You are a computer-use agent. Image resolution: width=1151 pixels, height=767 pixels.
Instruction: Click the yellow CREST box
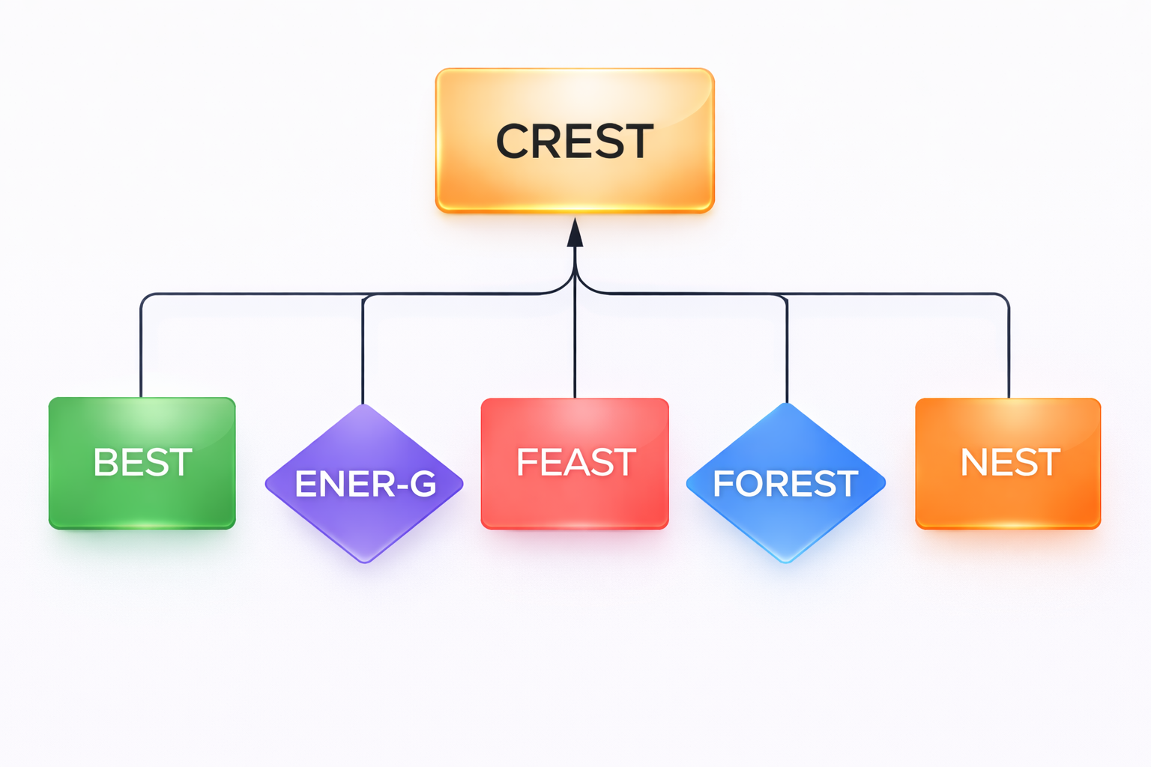575,180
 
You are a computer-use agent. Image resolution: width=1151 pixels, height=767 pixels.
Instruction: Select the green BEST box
142,499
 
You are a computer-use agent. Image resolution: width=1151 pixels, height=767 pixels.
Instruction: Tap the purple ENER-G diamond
364,524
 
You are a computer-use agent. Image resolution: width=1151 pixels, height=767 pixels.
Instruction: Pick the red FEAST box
575,499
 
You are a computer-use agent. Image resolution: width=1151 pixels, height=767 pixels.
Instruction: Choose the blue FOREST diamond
786,524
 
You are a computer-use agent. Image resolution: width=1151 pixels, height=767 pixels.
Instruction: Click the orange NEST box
1008,499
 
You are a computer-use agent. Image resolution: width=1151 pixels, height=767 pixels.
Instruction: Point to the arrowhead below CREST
575,233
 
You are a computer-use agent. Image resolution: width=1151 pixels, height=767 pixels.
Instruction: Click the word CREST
575,142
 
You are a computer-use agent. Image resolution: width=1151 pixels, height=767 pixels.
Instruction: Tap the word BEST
142,462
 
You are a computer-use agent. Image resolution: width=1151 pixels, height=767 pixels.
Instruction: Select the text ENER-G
365,484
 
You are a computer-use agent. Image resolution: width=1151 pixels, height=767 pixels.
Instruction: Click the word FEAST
575,462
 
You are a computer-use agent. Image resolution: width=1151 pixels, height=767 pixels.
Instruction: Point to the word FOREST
785,484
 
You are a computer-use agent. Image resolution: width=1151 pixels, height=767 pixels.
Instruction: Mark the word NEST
1009,462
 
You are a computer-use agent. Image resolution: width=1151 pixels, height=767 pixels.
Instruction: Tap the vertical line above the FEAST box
575,345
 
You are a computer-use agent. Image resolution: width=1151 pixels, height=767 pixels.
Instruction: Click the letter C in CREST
513,142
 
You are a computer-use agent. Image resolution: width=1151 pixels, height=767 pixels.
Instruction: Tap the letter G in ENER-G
423,484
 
